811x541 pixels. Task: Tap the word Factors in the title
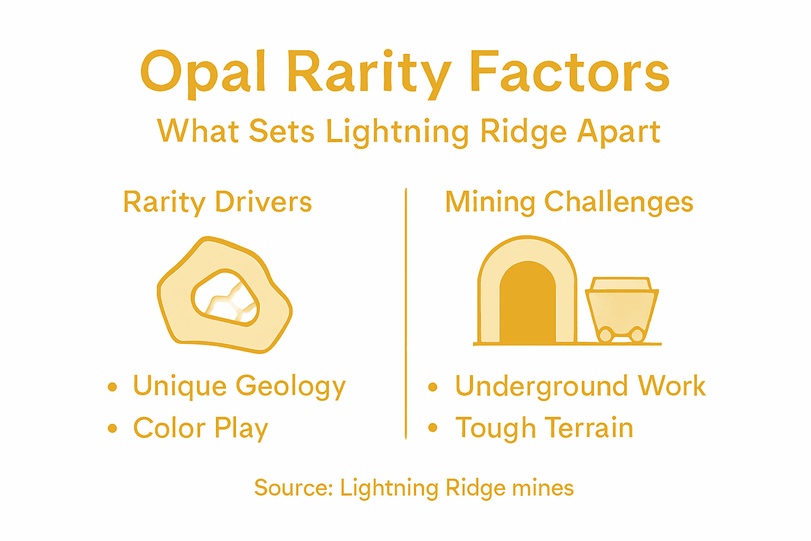(x=569, y=71)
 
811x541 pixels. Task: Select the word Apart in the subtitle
(x=618, y=132)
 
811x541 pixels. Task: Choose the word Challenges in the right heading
(x=618, y=202)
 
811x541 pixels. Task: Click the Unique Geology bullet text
(x=239, y=386)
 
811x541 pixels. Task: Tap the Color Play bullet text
(x=201, y=428)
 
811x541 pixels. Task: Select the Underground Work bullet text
(x=580, y=386)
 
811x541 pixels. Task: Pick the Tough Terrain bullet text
(x=544, y=428)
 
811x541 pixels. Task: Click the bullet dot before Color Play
(x=112, y=428)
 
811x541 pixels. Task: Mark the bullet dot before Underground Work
(x=433, y=387)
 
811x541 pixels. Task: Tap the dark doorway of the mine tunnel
(x=527, y=306)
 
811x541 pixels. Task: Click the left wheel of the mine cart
(x=605, y=335)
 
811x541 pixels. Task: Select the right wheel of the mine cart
(x=637, y=335)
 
